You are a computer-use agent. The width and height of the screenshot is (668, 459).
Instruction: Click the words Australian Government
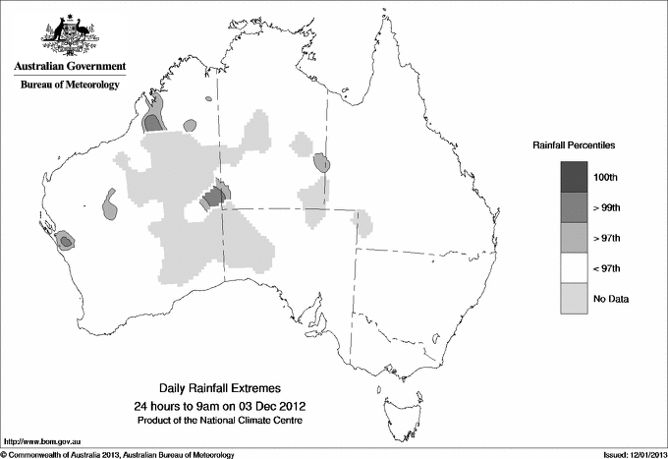[x=67, y=66]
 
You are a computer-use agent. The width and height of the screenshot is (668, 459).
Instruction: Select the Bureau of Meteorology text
[x=70, y=85]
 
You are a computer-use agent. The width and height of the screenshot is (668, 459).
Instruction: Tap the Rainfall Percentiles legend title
[x=574, y=144]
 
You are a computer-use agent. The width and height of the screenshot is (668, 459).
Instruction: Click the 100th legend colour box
[x=575, y=176]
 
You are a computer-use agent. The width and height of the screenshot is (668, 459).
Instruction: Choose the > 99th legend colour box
[x=575, y=206]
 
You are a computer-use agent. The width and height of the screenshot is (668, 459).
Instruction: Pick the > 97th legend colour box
[x=575, y=237]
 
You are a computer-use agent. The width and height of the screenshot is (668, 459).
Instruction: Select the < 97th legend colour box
[x=575, y=267]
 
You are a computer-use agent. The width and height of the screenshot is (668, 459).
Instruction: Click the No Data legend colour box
[x=575, y=298]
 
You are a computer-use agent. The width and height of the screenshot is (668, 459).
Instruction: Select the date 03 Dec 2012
[x=264, y=406]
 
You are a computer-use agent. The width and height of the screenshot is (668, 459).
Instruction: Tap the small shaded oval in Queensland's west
[x=320, y=163]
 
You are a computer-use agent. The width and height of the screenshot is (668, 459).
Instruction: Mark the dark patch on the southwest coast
[x=65, y=239]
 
